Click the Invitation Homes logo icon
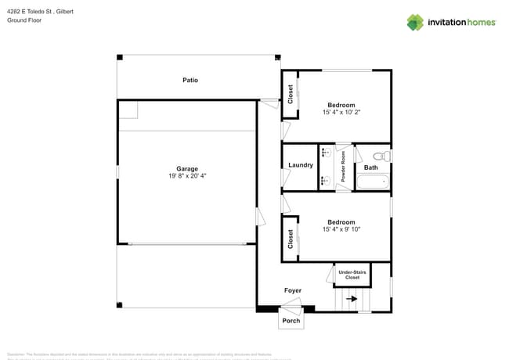click(x=415, y=22)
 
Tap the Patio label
click(x=190, y=80)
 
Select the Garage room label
click(x=186, y=168)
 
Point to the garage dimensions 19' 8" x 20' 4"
click(x=186, y=176)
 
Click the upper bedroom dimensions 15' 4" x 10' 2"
click(x=341, y=113)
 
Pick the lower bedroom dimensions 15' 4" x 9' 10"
click(x=341, y=229)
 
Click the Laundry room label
click(x=301, y=165)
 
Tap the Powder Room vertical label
click(x=343, y=167)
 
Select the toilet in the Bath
click(x=381, y=156)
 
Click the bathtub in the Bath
click(x=373, y=183)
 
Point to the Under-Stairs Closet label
click(x=352, y=275)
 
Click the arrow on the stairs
click(x=352, y=298)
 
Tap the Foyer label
click(x=292, y=290)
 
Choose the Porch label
click(x=291, y=321)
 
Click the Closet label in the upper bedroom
click(x=291, y=95)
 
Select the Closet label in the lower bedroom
click(x=291, y=238)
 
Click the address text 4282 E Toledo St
click(x=35, y=11)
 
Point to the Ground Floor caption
click(x=24, y=20)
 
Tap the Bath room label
click(x=370, y=167)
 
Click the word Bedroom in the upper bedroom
click(x=341, y=105)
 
